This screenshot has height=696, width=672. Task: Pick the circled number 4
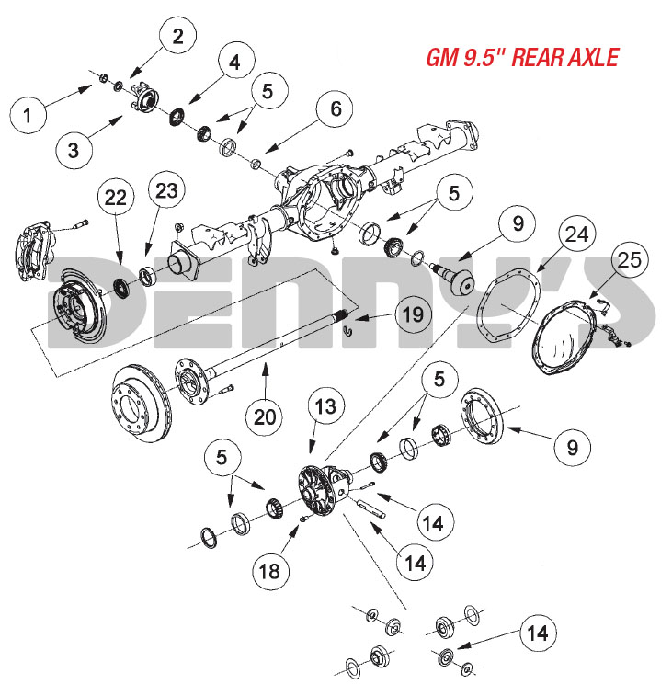(x=235, y=63)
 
